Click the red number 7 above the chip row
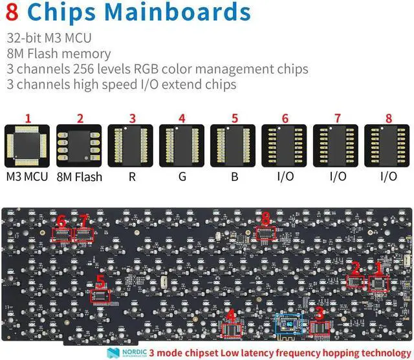336,118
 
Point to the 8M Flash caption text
80,176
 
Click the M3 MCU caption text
27,176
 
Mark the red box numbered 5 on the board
100,296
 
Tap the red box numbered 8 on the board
265,233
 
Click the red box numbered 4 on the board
232,330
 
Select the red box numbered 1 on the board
378,282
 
